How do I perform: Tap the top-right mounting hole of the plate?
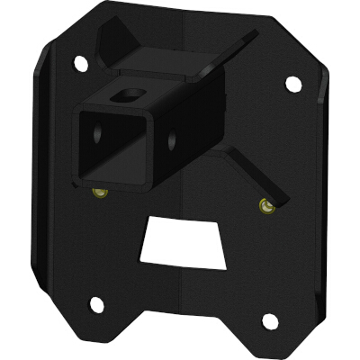click(x=292, y=83)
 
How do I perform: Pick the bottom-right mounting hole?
click(x=267, y=320)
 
